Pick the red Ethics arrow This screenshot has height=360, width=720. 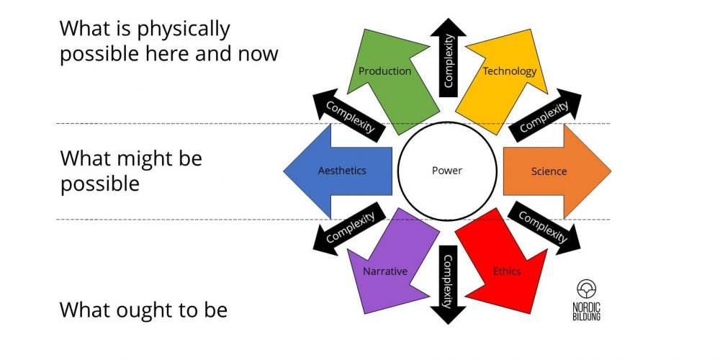point(504,266)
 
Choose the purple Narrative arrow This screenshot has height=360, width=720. point(389,266)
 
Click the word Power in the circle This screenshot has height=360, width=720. point(446,171)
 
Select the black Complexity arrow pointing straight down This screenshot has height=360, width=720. point(447,284)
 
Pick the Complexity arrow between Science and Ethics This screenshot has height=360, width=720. point(544,226)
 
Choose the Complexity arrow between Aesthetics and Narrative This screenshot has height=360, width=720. point(350,227)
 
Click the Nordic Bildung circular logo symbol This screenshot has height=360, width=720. point(587,289)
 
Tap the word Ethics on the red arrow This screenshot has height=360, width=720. point(507,271)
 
